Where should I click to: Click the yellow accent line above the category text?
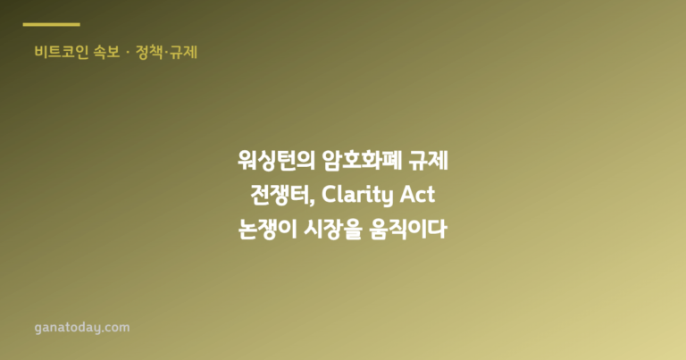pos(51,24)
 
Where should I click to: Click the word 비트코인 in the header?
pos(62,52)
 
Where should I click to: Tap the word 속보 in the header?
pos(107,52)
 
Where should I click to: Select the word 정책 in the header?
pos(149,52)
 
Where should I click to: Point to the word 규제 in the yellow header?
pos(184,52)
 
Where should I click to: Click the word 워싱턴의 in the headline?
pos(277,161)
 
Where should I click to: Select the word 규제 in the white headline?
pos(429,161)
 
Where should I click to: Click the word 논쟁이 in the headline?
pos(268,229)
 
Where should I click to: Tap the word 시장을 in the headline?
pos(332,229)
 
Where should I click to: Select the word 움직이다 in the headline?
pos(407,229)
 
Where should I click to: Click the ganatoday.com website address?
pos(82,328)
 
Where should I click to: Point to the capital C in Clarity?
pos(329,195)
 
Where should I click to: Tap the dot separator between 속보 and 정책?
pos(128,53)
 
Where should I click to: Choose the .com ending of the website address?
pos(116,328)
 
